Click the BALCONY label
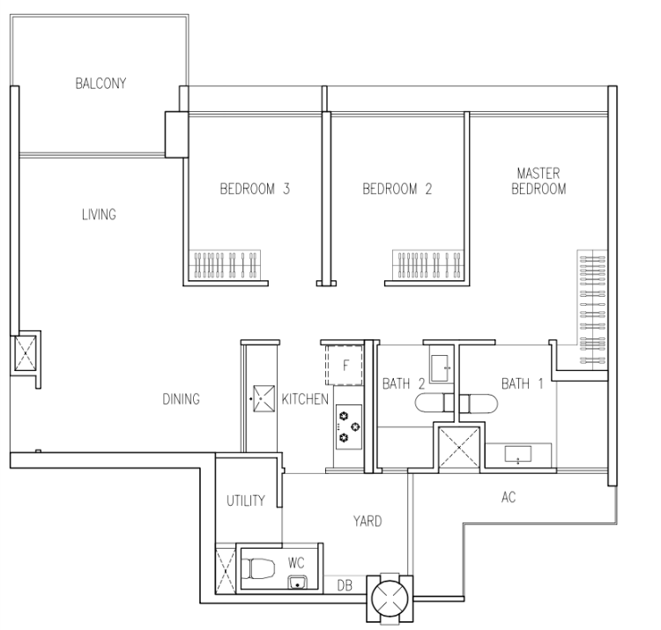pos(100,83)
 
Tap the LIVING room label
pos(99,214)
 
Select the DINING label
pos(182,399)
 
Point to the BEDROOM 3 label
pos(255,189)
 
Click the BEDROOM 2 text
pos(397,189)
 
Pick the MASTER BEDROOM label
pos(538,181)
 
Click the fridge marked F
pos(344,365)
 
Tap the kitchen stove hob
pos(349,426)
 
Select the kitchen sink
pos(264,398)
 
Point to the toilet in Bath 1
pos(479,404)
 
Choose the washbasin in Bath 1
pos(518,455)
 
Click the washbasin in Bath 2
pos(440,368)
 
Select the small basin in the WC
pos(298,582)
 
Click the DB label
pos(345,585)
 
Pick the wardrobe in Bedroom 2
pos(427,264)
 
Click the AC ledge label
pos(509,497)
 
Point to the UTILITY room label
pos(246,500)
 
